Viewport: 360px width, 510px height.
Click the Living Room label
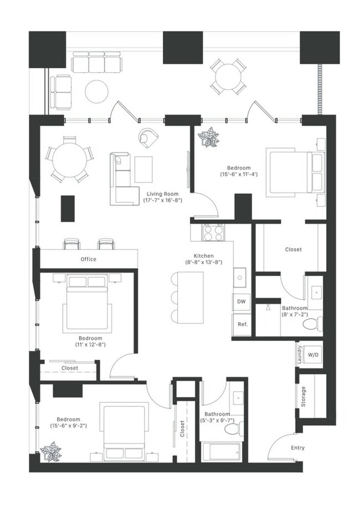(x=157, y=194)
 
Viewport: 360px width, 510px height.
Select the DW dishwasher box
(x=241, y=302)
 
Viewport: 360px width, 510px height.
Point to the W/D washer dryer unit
(x=313, y=355)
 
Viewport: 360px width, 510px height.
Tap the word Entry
(x=298, y=447)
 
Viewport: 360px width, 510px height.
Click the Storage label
(x=303, y=397)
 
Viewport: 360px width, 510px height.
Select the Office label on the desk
(x=89, y=259)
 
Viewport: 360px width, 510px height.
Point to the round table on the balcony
(x=228, y=76)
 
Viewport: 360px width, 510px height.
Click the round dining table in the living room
(x=69, y=160)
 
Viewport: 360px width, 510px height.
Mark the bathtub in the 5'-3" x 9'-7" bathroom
(x=220, y=451)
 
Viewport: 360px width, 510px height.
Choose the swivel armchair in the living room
(x=148, y=137)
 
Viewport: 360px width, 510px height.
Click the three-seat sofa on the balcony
(x=96, y=62)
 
